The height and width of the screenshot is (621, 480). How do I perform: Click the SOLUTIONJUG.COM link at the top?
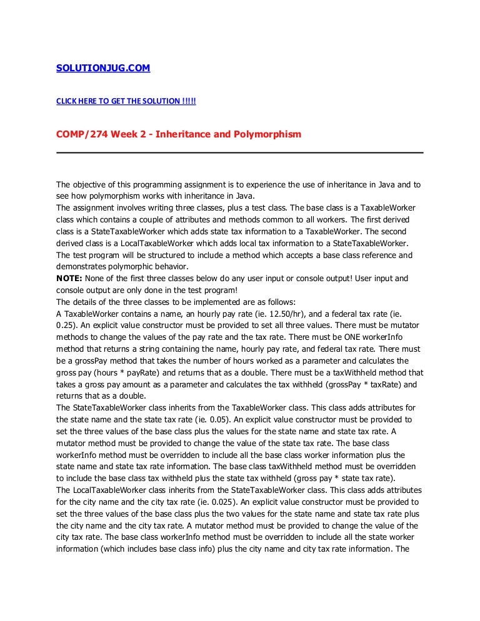(x=103, y=69)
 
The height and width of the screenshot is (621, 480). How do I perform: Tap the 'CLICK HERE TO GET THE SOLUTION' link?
(x=126, y=101)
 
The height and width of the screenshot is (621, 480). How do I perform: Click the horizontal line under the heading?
(x=239, y=152)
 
